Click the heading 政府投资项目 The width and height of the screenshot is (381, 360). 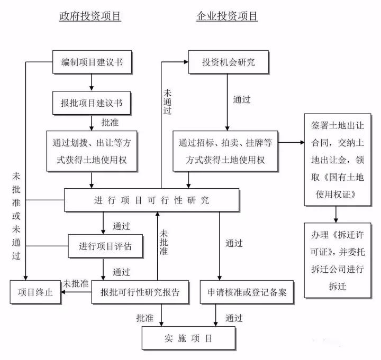pyautogui.click(x=90, y=16)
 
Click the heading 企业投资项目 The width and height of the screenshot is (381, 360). pyautogui.click(x=228, y=16)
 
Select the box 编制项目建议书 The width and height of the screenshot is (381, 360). pyautogui.click(x=92, y=62)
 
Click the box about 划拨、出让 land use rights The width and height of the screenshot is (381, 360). pyautogui.click(x=92, y=151)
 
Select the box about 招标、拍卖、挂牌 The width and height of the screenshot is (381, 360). pyautogui.click(x=225, y=151)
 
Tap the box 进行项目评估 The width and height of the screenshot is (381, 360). pyautogui.click(x=105, y=245)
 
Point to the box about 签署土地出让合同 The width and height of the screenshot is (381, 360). pyautogui.click(x=337, y=159)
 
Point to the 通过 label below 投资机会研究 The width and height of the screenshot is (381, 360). pyautogui.click(x=242, y=99)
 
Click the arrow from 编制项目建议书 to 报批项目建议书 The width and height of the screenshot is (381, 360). pyautogui.click(x=92, y=82)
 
